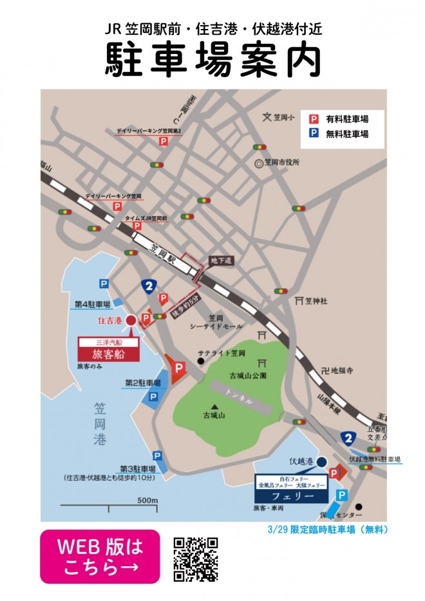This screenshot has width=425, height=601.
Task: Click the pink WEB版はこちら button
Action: (x=100, y=556)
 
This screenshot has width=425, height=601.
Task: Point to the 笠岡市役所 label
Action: (x=282, y=163)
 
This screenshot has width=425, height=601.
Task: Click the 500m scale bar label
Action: (x=147, y=500)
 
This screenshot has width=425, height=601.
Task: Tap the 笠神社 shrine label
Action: (x=316, y=300)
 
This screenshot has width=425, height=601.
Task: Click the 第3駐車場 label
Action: (x=138, y=468)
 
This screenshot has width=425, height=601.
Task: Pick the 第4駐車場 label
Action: (x=91, y=304)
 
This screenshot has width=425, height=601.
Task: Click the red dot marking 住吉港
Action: (x=130, y=320)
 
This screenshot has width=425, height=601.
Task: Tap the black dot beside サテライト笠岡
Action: (x=201, y=361)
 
